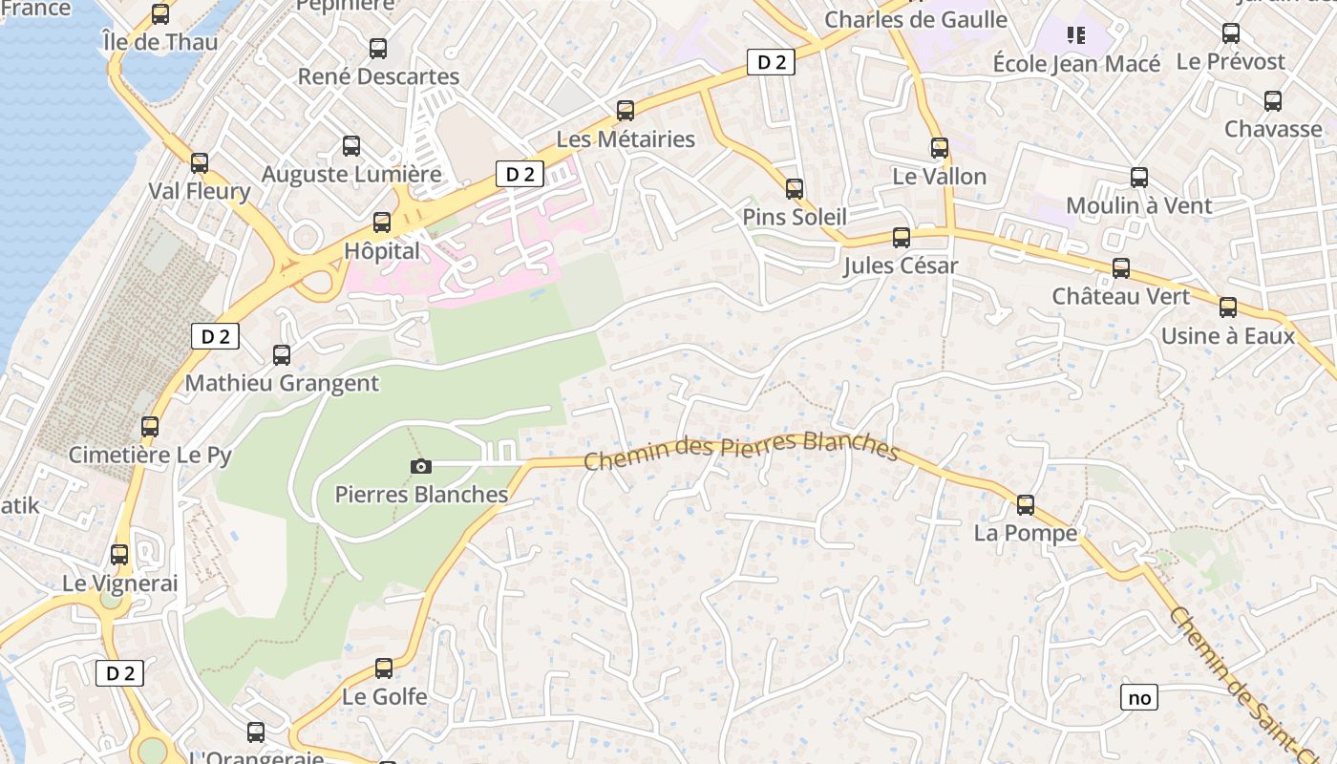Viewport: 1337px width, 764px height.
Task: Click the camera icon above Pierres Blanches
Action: click(x=420, y=466)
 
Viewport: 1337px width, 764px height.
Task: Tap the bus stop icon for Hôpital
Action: click(x=382, y=223)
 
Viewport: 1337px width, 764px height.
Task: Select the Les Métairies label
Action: click(x=626, y=139)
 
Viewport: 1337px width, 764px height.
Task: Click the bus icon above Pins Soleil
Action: click(x=795, y=189)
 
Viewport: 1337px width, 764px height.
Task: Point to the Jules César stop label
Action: click(x=900, y=265)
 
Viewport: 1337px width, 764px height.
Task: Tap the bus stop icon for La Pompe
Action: click(x=1026, y=504)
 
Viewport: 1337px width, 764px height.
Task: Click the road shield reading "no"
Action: click(x=1139, y=698)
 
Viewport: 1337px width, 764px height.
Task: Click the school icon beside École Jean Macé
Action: click(x=1076, y=36)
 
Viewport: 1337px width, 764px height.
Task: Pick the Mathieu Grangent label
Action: click(x=282, y=384)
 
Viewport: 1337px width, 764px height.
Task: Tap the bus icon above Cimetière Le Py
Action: click(x=150, y=426)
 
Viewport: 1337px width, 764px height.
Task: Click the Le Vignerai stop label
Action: click(x=120, y=583)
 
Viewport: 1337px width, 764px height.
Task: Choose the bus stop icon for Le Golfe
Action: click(x=384, y=668)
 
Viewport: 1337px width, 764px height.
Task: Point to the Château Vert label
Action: click(x=1121, y=296)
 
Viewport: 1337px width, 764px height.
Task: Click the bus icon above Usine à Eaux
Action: click(x=1228, y=308)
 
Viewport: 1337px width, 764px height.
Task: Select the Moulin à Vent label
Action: click(x=1138, y=205)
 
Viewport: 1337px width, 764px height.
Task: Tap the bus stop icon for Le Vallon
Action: click(x=940, y=148)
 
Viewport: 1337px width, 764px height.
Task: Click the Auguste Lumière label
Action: click(x=351, y=175)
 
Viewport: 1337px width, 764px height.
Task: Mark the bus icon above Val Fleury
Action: click(x=200, y=162)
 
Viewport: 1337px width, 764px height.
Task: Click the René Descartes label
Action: click(x=378, y=76)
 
